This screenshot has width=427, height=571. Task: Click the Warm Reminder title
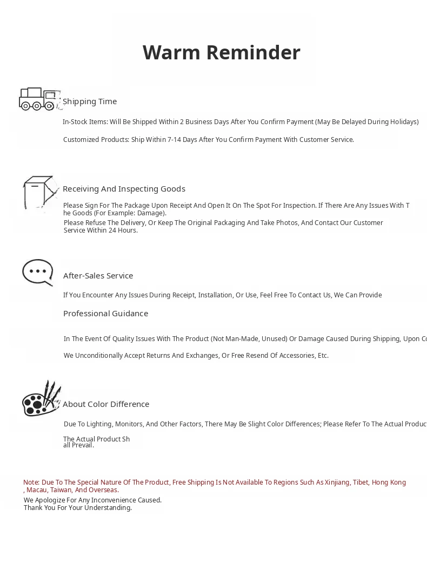click(x=221, y=53)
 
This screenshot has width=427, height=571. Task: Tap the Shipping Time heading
click(x=90, y=101)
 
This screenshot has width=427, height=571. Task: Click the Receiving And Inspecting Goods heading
click(x=124, y=189)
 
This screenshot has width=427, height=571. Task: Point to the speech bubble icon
click(x=38, y=272)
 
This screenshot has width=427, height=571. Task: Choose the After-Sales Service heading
click(x=98, y=276)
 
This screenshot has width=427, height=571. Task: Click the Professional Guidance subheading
click(x=105, y=314)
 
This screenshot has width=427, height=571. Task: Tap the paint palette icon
click(x=41, y=399)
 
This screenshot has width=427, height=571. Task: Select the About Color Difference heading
click(x=106, y=404)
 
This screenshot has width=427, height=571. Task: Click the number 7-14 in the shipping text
click(x=174, y=140)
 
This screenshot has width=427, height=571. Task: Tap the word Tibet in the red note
click(x=360, y=482)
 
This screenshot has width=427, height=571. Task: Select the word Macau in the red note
click(x=36, y=490)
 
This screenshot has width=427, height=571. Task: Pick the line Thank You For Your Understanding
click(x=78, y=508)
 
